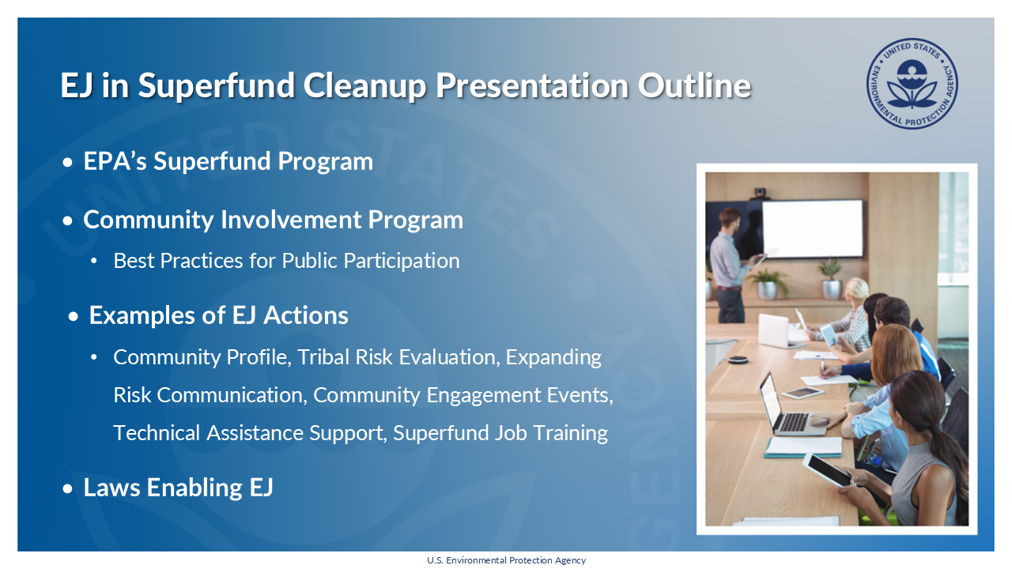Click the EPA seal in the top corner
[x=912, y=85]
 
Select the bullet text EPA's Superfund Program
[x=228, y=161]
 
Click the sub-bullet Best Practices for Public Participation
[x=286, y=261]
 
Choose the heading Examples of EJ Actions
[x=218, y=315]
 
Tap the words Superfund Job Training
[x=500, y=433]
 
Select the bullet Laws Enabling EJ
[x=178, y=488]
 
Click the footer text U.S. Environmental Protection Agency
[x=506, y=560]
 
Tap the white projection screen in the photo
[x=812, y=228]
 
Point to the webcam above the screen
[x=761, y=192]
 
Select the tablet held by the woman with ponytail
[x=825, y=471]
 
